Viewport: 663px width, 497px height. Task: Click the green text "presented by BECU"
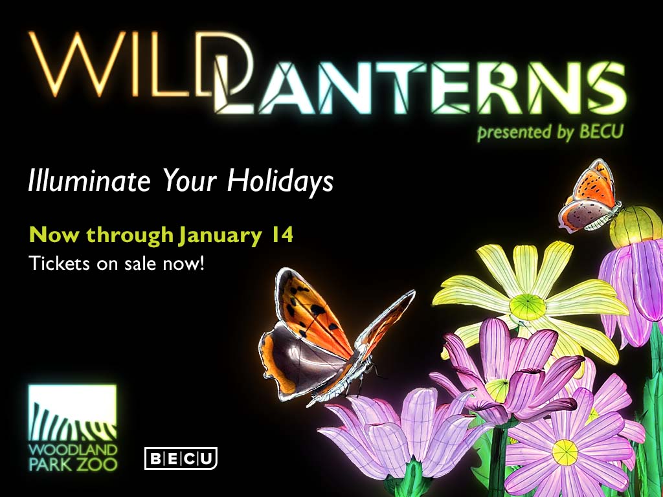pos(550,132)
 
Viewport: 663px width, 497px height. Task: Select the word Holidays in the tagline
pos(280,181)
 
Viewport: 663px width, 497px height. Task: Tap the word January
pos(220,236)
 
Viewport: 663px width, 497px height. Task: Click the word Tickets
pos(59,263)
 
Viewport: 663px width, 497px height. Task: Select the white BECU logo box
pos(181,459)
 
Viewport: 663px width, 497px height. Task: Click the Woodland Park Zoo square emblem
pos(73,412)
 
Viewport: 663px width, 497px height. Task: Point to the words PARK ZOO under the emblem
pos(73,465)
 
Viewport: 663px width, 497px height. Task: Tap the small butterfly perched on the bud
pos(590,197)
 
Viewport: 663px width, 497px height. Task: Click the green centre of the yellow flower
pos(527,307)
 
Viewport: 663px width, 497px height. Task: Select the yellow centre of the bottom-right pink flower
pos(565,452)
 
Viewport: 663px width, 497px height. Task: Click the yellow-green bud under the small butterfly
pos(636,227)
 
